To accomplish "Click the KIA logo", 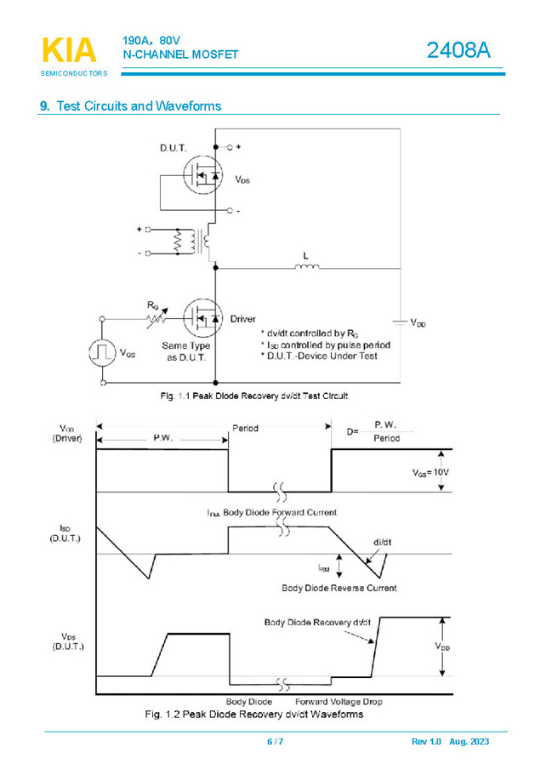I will pyautogui.click(x=69, y=51).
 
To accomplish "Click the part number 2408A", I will pyautogui.click(x=458, y=50).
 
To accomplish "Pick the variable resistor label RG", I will pyautogui.click(x=152, y=304).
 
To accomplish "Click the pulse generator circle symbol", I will pyautogui.click(x=103, y=352).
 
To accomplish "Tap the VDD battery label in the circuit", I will pyautogui.click(x=418, y=323).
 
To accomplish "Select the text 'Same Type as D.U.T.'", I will pyautogui.click(x=185, y=350).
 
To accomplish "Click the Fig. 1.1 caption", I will pyautogui.click(x=253, y=396).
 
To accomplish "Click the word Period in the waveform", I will pyautogui.click(x=245, y=429).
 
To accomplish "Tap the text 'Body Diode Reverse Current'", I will pyautogui.click(x=339, y=588).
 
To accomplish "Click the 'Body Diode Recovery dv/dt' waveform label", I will pyautogui.click(x=317, y=622).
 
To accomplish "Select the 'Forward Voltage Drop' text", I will pyautogui.click(x=344, y=702).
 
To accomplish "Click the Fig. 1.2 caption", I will pyautogui.click(x=254, y=715).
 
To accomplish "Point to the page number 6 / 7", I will pyautogui.click(x=275, y=742).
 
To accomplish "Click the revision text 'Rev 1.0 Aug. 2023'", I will pyautogui.click(x=450, y=742).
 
